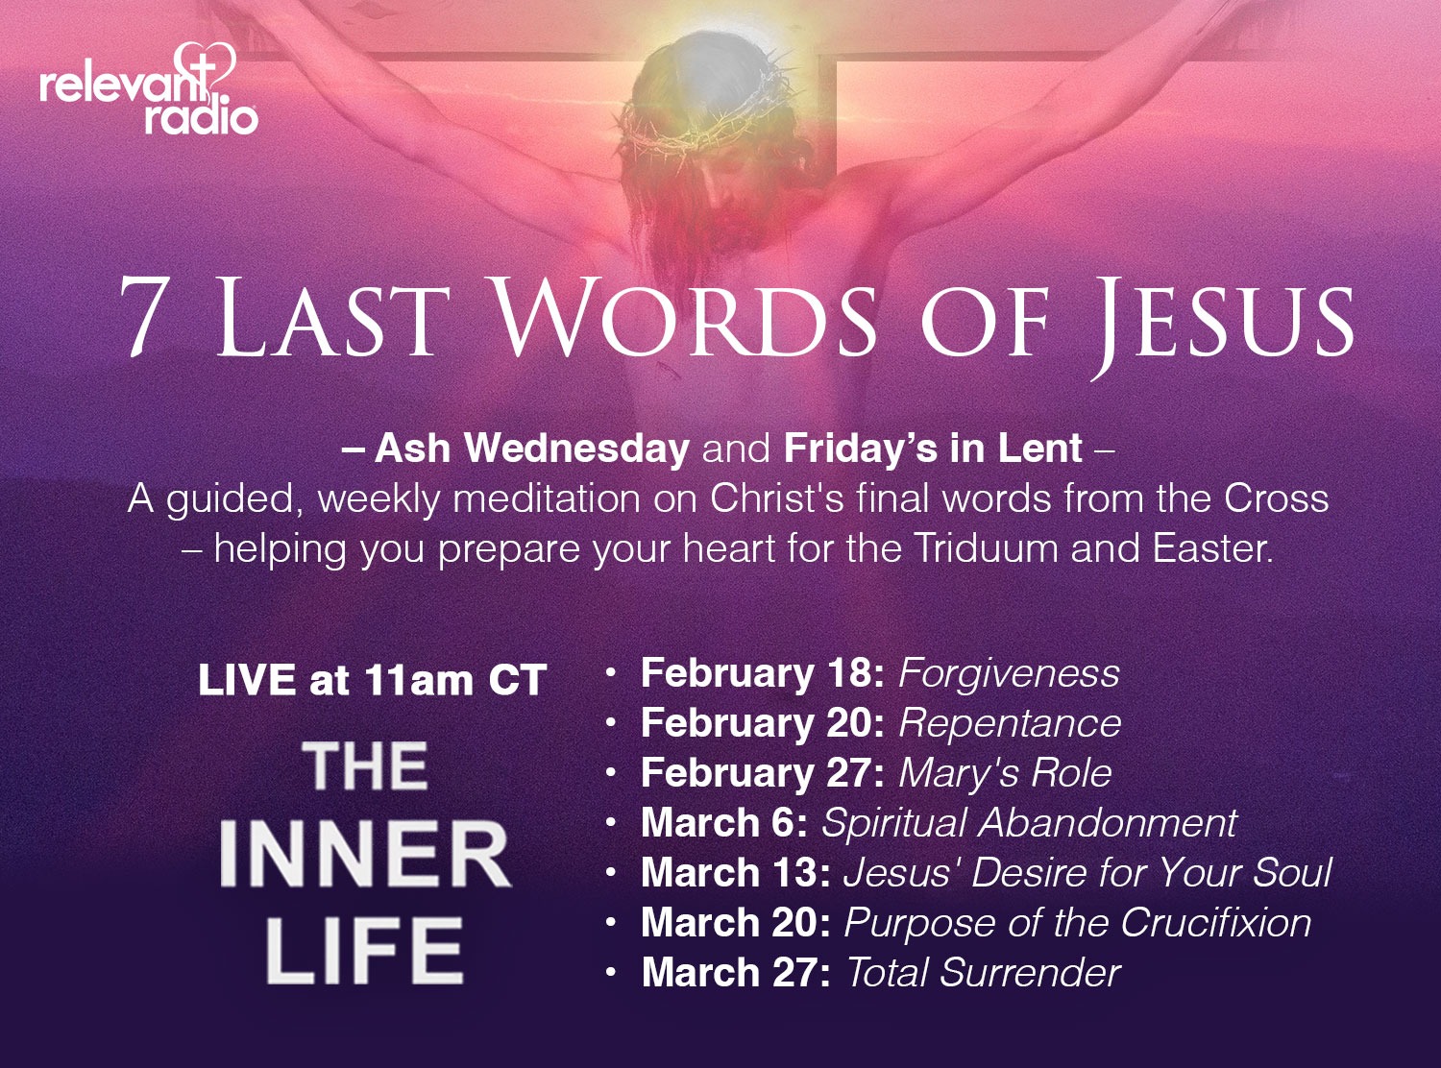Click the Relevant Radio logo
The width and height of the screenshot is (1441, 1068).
coord(149,88)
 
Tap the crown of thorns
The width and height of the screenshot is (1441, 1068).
coord(708,117)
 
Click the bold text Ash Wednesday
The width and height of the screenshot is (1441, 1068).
coord(531,448)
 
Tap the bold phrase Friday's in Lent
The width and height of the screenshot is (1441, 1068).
coord(933,448)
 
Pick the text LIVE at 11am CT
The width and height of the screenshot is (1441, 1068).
coord(372,680)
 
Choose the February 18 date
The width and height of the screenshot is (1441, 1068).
coord(762,673)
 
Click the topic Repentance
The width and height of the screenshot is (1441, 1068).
coord(1010,724)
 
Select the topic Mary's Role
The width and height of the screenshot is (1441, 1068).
coord(1005,774)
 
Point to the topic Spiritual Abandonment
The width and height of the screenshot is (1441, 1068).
coord(1030,823)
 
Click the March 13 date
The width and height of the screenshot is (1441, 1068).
coord(736,872)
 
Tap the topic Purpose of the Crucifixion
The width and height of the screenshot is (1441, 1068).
coord(1077,922)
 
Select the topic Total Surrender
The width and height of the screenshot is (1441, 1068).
coord(983,973)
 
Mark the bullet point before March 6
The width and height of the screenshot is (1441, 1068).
coord(610,823)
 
